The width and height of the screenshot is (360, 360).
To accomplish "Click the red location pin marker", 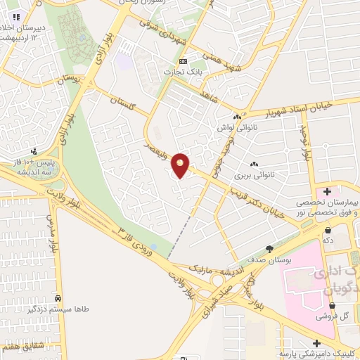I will click(x=181, y=165).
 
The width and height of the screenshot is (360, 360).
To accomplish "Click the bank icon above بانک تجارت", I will click(x=184, y=61).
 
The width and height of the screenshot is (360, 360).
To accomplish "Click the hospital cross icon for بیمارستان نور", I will click(x=328, y=191).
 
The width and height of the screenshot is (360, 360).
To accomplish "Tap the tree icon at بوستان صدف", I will click(x=269, y=248).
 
